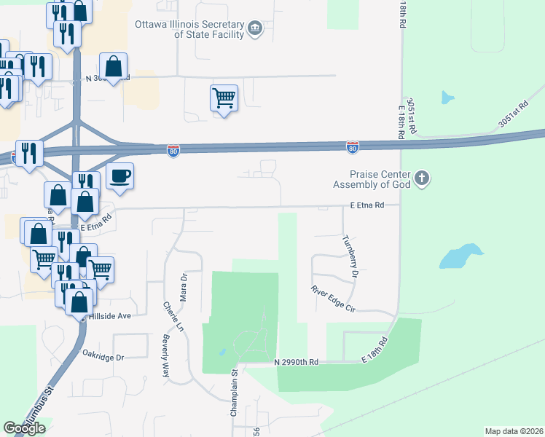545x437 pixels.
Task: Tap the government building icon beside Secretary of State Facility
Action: point(254,28)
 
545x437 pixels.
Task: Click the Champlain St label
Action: point(235,393)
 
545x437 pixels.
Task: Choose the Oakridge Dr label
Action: point(103,358)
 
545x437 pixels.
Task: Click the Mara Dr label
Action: point(184,287)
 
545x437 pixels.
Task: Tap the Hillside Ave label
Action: point(109,316)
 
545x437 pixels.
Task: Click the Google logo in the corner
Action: point(24,428)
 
